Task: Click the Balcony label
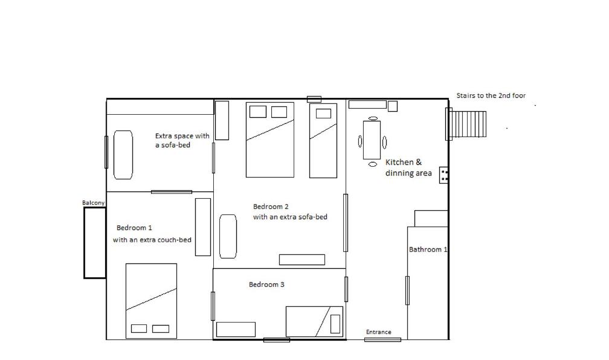(x=93, y=203)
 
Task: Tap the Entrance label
(x=378, y=332)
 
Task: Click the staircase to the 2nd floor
(x=466, y=124)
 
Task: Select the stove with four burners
(x=444, y=175)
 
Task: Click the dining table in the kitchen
(x=372, y=140)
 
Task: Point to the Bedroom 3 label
(x=266, y=284)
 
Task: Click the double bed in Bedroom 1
(x=151, y=301)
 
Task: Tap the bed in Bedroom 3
(x=315, y=321)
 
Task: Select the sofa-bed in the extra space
(x=123, y=155)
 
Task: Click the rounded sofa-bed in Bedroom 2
(x=228, y=236)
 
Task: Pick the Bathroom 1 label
(x=428, y=249)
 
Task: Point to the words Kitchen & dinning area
(x=408, y=168)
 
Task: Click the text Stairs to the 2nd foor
(x=491, y=95)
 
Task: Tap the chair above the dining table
(x=373, y=118)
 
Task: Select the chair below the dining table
(x=372, y=164)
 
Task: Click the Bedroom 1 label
(x=134, y=228)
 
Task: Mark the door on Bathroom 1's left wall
(x=407, y=291)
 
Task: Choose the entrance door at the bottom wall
(x=382, y=340)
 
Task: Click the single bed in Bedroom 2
(x=323, y=141)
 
